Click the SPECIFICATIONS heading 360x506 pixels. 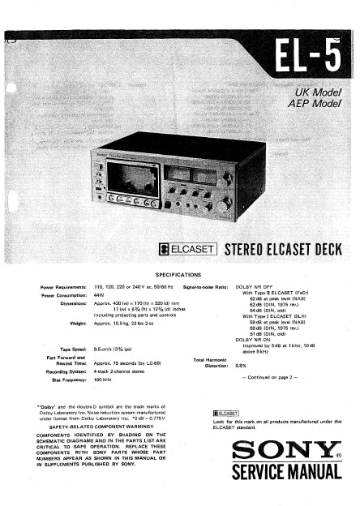181,277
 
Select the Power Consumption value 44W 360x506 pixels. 101,295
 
